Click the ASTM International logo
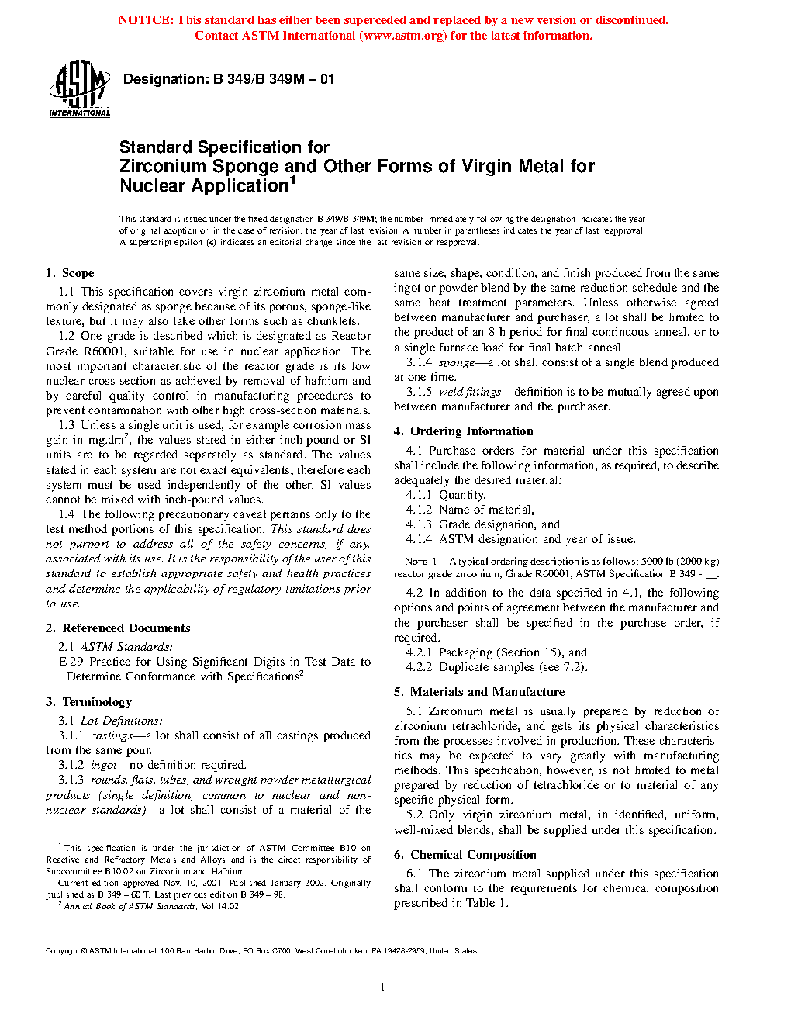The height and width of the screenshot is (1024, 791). click(x=79, y=89)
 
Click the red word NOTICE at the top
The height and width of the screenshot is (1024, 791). click(x=146, y=20)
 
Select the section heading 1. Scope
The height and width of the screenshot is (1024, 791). click(x=70, y=273)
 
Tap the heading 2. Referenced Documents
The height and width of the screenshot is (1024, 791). click(x=118, y=628)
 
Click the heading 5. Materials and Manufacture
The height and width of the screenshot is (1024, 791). click(x=479, y=692)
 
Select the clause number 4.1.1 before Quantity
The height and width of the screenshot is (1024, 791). click(x=419, y=495)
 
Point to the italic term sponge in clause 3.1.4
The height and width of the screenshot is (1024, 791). click(x=457, y=362)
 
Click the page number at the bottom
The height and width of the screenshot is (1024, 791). click(x=382, y=987)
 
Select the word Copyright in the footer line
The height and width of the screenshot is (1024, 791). click(x=62, y=950)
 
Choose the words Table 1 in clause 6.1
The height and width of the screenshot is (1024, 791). click(x=485, y=903)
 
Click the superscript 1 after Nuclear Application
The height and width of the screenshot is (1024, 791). click(x=293, y=181)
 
